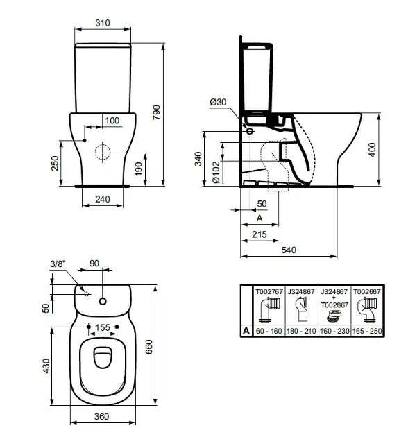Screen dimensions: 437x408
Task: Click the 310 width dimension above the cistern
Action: pyautogui.click(x=102, y=23)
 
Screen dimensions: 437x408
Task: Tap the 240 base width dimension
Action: pyautogui.click(x=102, y=199)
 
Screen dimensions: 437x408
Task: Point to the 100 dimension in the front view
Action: pyautogui.click(x=112, y=121)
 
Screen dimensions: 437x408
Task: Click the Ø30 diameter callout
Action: pyautogui.click(x=218, y=102)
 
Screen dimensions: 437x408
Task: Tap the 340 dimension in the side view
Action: pyautogui.click(x=198, y=160)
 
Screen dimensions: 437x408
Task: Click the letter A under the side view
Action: pyautogui.click(x=259, y=218)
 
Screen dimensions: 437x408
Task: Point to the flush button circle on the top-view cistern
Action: pyautogui.click(x=103, y=301)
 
